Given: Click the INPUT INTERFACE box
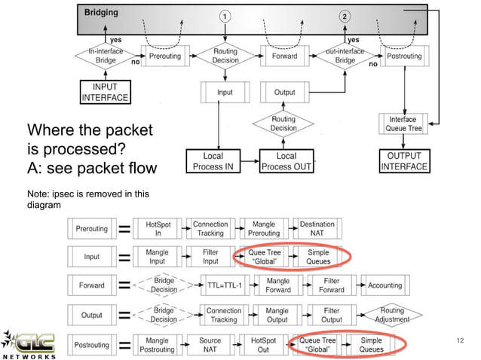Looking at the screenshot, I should click(106, 93).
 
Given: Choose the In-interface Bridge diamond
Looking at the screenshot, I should click(106, 56).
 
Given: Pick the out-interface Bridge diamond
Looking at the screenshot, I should click(345, 56).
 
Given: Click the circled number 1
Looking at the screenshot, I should click(224, 17).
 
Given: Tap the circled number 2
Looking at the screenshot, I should click(345, 17).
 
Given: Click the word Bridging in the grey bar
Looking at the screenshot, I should click(100, 14).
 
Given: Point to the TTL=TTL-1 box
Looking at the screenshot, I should click(223, 286).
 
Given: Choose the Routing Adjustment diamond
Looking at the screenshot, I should click(392, 315).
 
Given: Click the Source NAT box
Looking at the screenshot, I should click(210, 345).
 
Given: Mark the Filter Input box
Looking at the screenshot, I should click(210, 257).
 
